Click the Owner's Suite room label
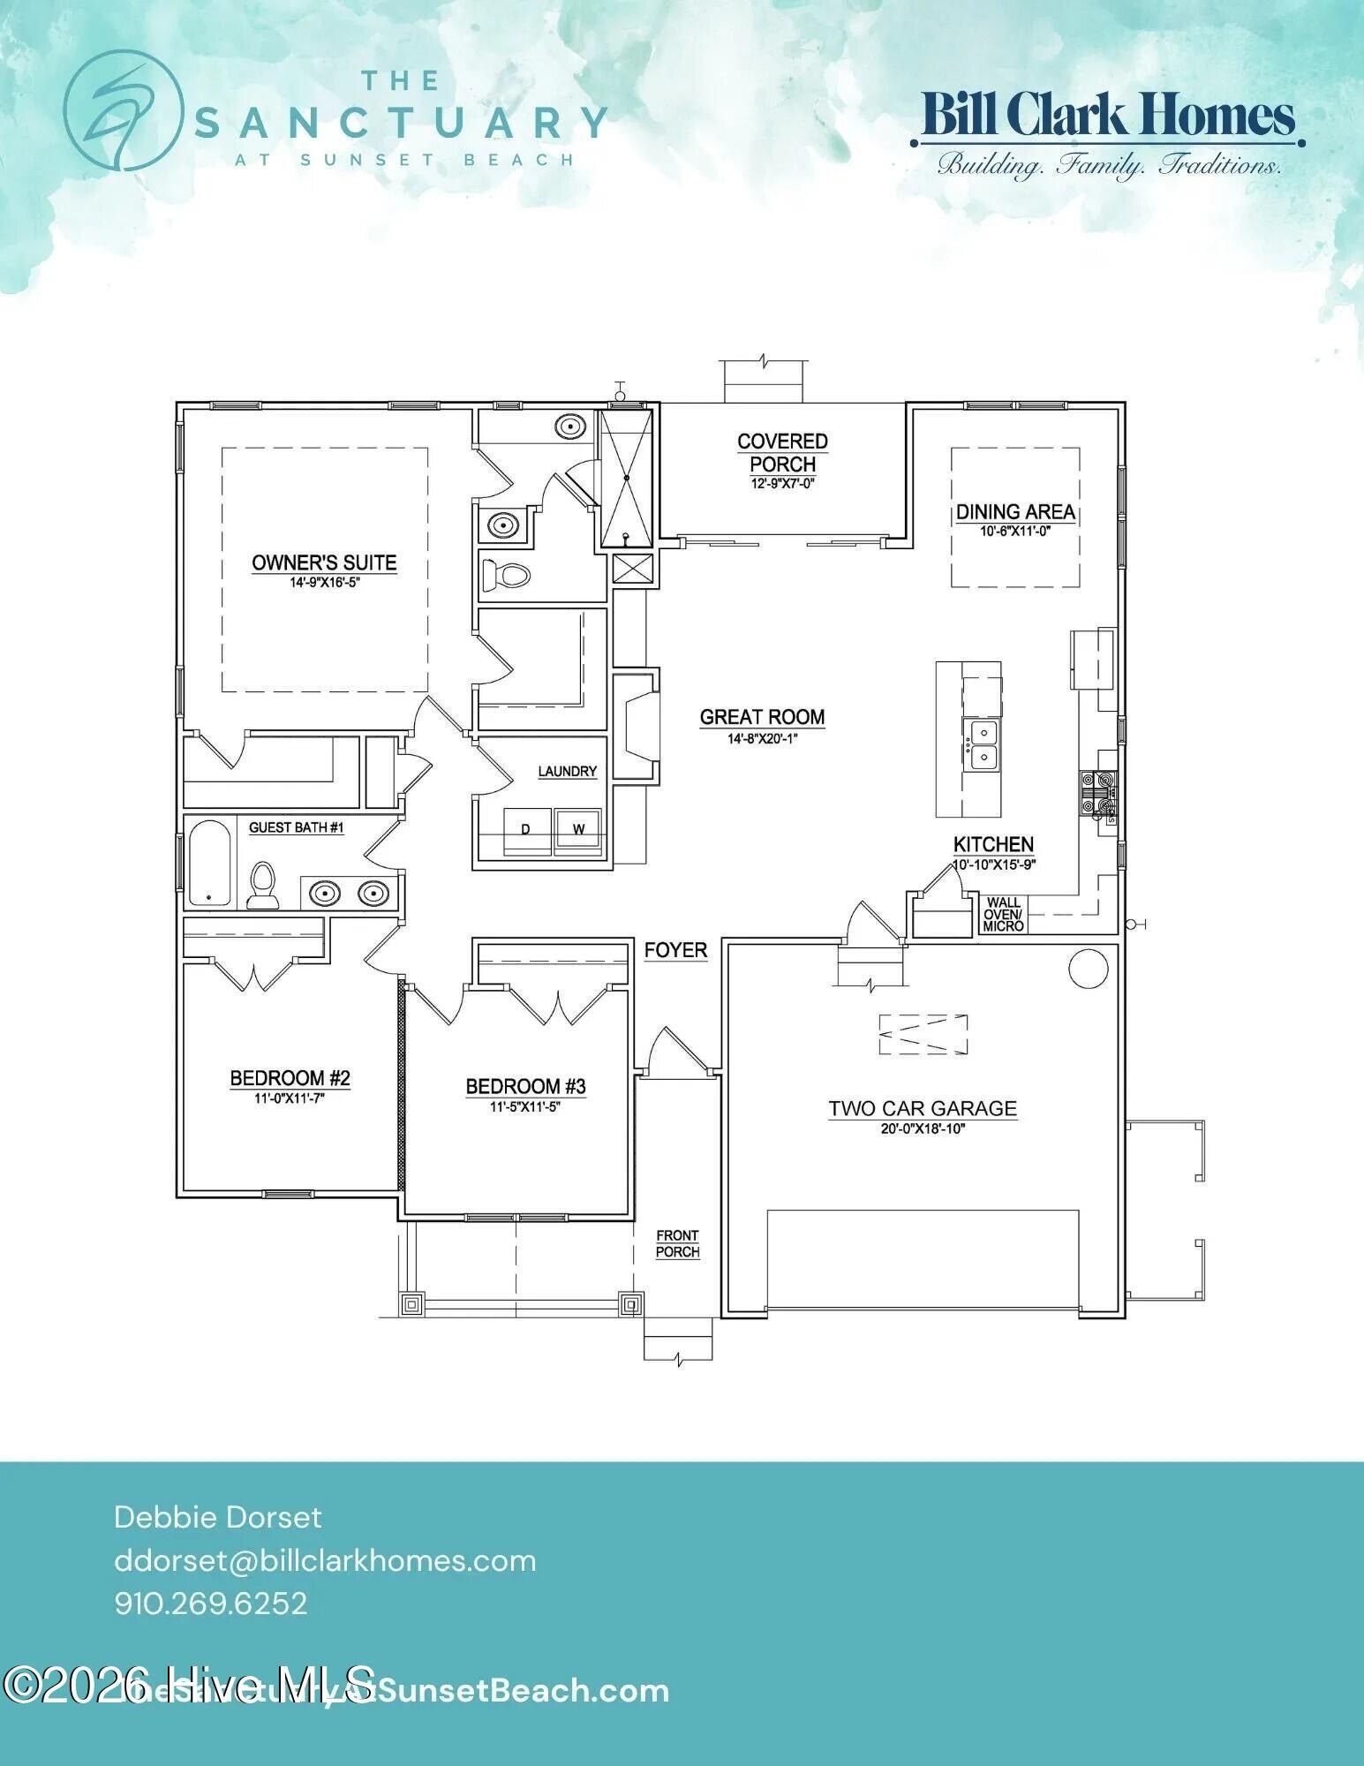324,562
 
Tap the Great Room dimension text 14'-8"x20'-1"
762,738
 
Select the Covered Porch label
782,452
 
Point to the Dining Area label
1015,512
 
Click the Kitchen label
993,844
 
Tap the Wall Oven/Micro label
1004,915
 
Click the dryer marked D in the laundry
525,829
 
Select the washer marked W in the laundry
579,829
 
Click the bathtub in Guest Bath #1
209,864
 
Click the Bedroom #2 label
290,1078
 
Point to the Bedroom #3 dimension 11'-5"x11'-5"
525,1106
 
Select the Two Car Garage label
922,1108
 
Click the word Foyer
675,950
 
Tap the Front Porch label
677,1243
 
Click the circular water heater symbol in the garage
1088,969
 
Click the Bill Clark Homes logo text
1108,116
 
